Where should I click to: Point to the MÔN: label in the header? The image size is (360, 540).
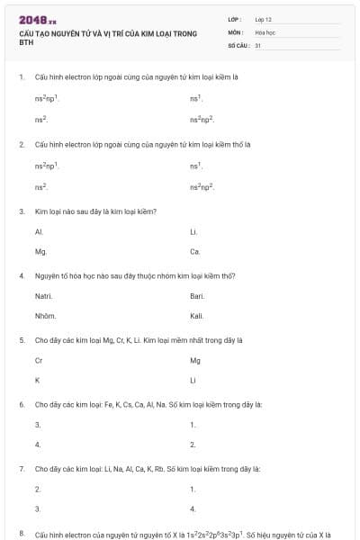(x=237, y=31)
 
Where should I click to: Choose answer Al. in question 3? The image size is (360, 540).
(x=39, y=231)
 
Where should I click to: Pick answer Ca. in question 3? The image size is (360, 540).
(x=194, y=251)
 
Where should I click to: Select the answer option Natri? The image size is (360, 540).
(x=43, y=296)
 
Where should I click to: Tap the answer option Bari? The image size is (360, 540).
(x=197, y=296)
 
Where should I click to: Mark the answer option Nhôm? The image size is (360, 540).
(x=45, y=316)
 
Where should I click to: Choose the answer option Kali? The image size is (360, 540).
(x=196, y=316)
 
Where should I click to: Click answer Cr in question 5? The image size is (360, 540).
(x=39, y=360)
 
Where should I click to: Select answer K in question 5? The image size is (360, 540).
(x=37, y=380)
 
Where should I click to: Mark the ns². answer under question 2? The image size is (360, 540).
(x=40, y=186)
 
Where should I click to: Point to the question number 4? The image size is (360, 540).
(x=21, y=275)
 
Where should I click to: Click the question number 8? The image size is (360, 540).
(x=21, y=534)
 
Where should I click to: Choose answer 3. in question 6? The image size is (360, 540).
(x=38, y=425)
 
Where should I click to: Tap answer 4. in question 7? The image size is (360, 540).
(x=193, y=508)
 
